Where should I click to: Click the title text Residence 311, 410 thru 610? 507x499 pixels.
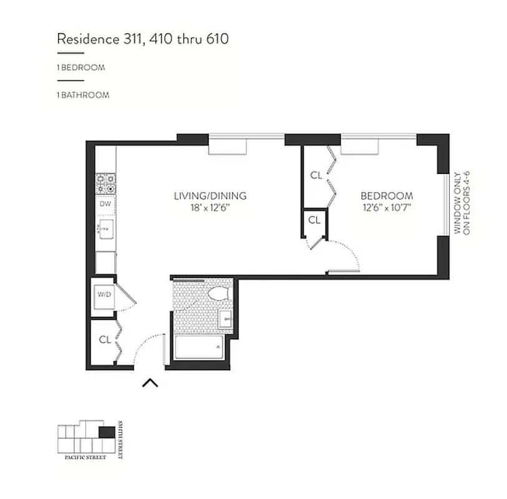tap(142, 39)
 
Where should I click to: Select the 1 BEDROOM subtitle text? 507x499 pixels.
tap(81, 67)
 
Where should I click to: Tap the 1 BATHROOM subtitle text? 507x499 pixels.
tap(83, 95)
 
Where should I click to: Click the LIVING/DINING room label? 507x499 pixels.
tap(210, 196)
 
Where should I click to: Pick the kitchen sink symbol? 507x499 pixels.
tap(105, 228)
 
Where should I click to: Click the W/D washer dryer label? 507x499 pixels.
tap(103, 294)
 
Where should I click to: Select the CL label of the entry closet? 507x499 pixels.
tap(105, 340)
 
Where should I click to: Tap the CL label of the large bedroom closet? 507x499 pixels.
tap(316, 175)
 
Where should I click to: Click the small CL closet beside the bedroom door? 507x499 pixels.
tap(314, 220)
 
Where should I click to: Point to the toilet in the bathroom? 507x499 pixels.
tap(218, 294)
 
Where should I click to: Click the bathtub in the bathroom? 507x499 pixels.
tap(200, 347)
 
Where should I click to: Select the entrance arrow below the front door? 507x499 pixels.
tap(150, 382)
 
